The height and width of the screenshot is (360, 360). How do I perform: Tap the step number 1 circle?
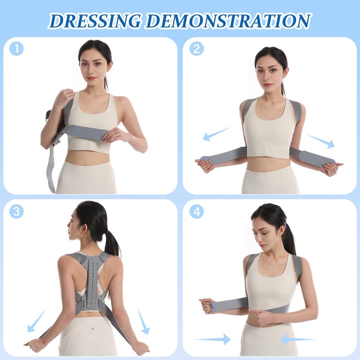pyautogui.click(x=17, y=48)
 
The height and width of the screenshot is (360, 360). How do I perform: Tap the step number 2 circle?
pyautogui.click(x=196, y=48)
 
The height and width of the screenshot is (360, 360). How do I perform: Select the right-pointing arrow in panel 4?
pyautogui.click(x=212, y=338)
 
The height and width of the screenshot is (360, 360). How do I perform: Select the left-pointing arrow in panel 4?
pyautogui.click(x=297, y=339)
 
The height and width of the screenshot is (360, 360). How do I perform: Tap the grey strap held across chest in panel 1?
pyautogui.click(x=85, y=132)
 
